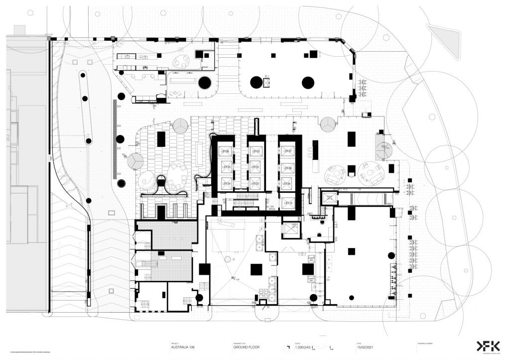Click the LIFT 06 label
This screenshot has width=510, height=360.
tap(225, 151)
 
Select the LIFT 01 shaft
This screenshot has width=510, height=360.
tap(255, 151)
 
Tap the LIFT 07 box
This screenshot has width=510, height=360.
tap(286, 151)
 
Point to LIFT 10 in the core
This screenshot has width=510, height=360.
tap(286, 203)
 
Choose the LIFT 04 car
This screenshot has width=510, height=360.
tap(225, 183)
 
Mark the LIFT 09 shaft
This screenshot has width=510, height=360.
tap(286, 185)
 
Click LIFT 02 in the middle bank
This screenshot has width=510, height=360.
tap(255, 167)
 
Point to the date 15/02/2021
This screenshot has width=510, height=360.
tap(367, 348)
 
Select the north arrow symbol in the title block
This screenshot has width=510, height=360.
tap(287, 347)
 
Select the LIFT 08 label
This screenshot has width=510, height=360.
tap(286, 168)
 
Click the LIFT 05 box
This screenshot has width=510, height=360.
tap(225, 167)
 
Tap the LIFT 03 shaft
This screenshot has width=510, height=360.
tap(255, 183)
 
